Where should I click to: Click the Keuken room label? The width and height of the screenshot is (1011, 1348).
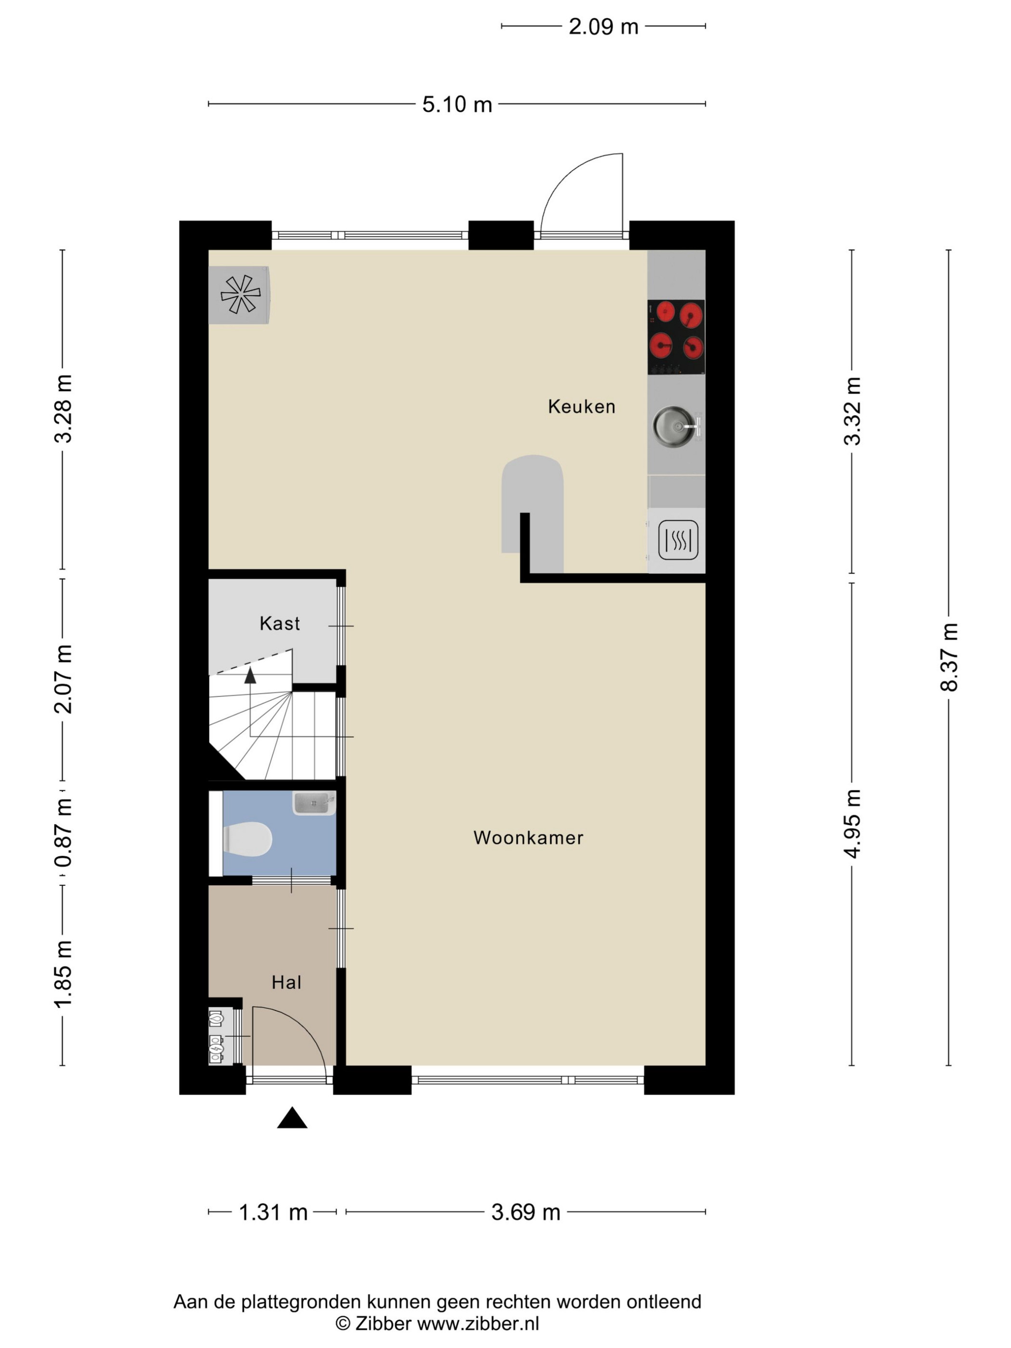582,406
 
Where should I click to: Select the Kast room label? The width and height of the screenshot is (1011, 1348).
280,623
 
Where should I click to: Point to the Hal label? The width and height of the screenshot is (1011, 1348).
286,983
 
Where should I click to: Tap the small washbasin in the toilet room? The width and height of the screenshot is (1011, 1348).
314,803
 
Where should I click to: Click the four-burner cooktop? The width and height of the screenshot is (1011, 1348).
676,337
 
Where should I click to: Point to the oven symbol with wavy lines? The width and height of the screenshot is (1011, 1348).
678,540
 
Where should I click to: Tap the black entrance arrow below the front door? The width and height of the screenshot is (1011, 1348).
292,1118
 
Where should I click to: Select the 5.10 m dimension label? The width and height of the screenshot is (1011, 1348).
457,104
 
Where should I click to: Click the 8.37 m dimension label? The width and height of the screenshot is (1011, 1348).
949,658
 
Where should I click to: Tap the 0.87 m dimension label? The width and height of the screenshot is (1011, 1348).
64,833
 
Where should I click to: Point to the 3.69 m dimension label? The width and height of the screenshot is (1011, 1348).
526,1212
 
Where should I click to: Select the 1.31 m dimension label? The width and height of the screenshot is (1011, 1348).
273,1212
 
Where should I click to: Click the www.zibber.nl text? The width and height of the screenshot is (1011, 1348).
478,1323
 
